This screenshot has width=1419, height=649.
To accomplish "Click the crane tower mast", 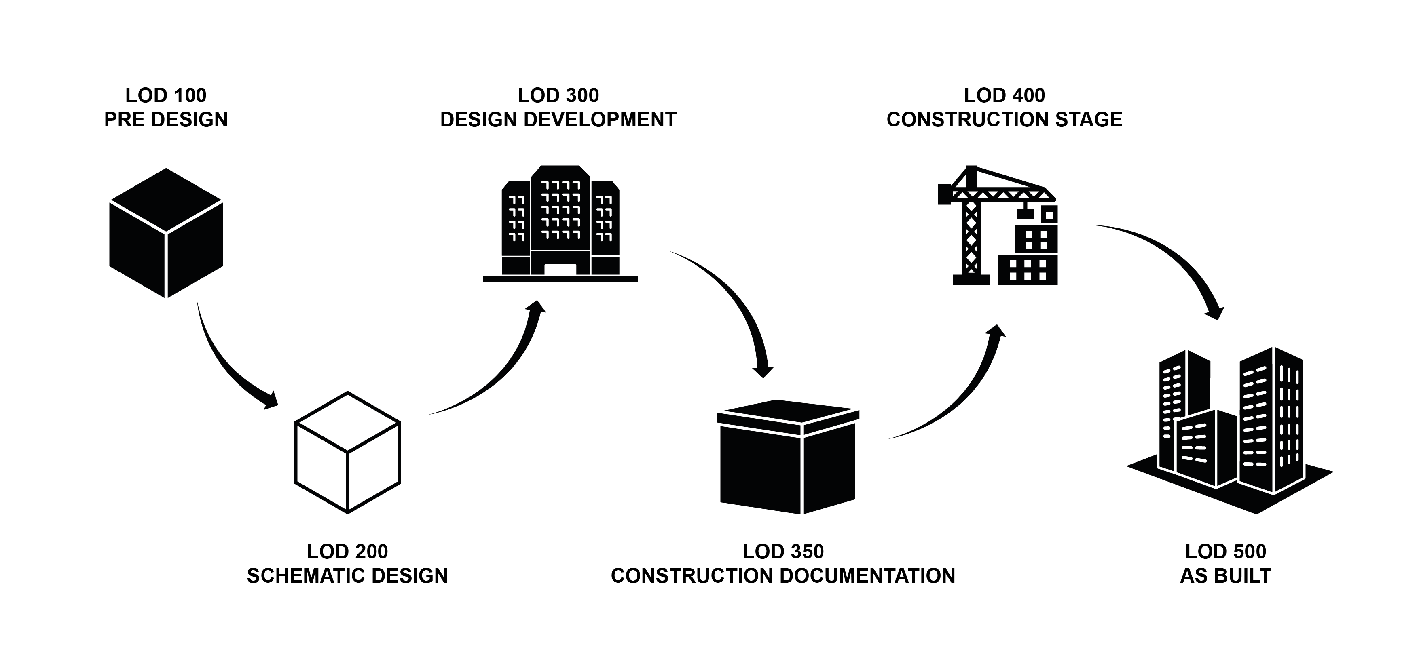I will click(x=971, y=237).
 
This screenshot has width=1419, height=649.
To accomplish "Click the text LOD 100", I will click(x=166, y=95).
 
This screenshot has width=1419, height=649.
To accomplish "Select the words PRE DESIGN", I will click(x=166, y=120).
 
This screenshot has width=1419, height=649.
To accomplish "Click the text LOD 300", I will click(x=558, y=95).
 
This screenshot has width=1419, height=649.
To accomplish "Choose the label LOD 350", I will click(x=783, y=551).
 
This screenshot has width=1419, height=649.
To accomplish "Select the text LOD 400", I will click(x=1004, y=95).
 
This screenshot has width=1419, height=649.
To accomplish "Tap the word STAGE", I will click(x=1089, y=120).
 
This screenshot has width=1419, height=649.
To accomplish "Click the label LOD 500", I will click(x=1225, y=551).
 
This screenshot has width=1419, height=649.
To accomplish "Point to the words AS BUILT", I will click(x=1225, y=576).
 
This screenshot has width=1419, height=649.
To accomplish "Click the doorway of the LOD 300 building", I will click(x=560, y=269).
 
